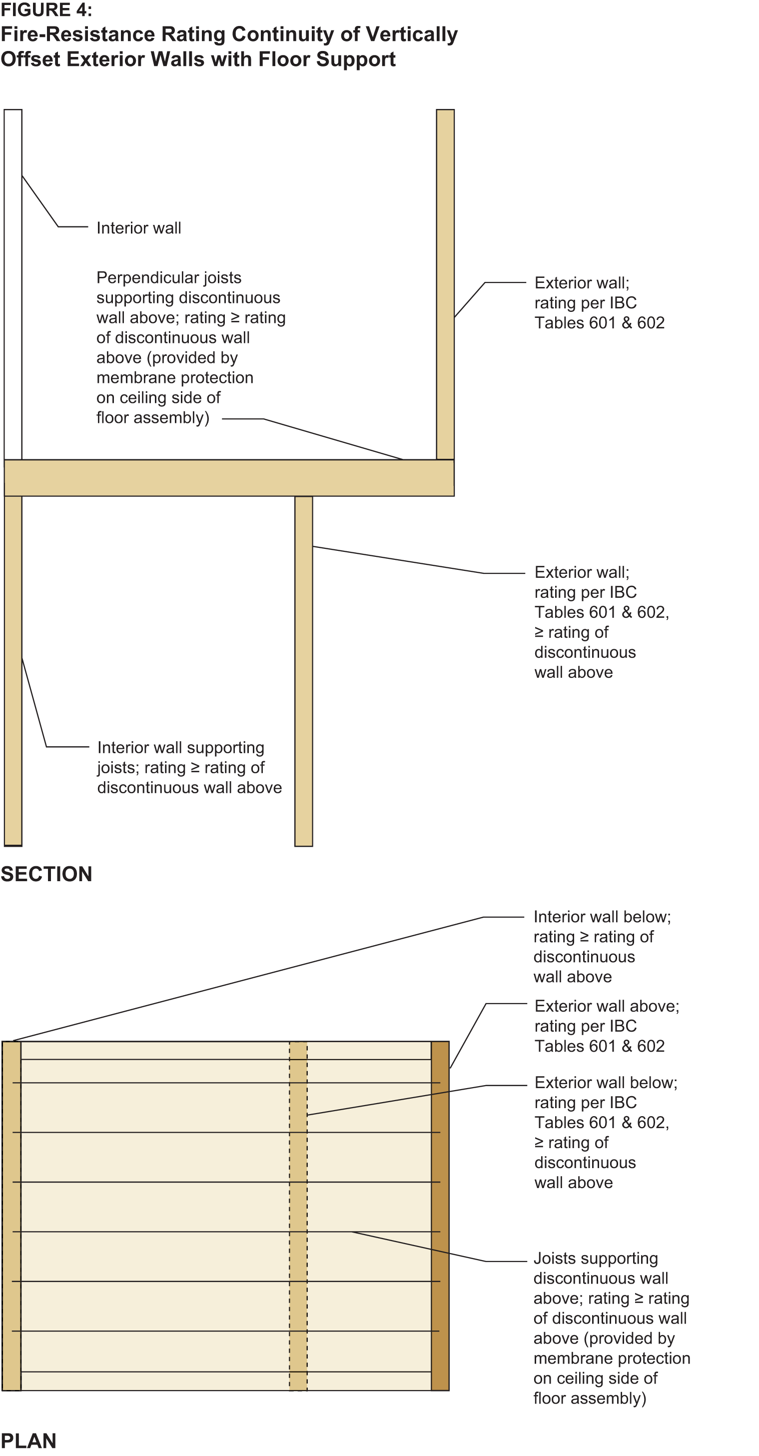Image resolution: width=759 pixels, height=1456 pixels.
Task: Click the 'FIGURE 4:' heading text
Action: click(46, 9)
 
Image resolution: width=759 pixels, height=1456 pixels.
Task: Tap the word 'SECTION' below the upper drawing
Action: click(46, 874)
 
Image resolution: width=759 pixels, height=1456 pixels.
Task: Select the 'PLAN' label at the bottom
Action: click(28, 1441)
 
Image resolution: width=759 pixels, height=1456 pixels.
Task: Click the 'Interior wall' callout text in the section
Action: click(138, 228)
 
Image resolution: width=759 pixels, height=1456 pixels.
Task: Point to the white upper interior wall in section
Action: click(13, 284)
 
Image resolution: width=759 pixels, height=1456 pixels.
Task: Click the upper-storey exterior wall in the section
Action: click(445, 284)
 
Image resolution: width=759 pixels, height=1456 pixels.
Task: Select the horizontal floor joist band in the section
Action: click(229, 478)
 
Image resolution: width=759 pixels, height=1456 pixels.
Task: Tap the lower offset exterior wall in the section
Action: click(303, 671)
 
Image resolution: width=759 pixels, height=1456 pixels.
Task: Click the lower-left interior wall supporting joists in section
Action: click(13, 671)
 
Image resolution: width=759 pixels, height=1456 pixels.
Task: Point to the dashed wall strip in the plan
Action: click(298, 1216)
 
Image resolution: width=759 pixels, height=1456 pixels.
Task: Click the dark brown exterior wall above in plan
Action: click(440, 1216)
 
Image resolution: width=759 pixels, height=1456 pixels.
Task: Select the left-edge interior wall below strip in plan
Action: click(11, 1216)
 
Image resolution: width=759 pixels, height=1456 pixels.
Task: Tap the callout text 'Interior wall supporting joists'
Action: click(180, 757)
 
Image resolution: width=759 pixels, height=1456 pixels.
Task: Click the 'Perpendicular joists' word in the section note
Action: click(168, 277)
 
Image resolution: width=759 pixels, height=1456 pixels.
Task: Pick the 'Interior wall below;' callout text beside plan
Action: click(602, 917)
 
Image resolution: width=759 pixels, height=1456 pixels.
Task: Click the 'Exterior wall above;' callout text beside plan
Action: click(607, 1006)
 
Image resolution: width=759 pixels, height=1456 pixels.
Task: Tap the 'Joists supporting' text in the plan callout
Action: click(596, 1258)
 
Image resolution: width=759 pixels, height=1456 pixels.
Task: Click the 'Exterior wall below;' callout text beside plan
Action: click(606, 1083)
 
